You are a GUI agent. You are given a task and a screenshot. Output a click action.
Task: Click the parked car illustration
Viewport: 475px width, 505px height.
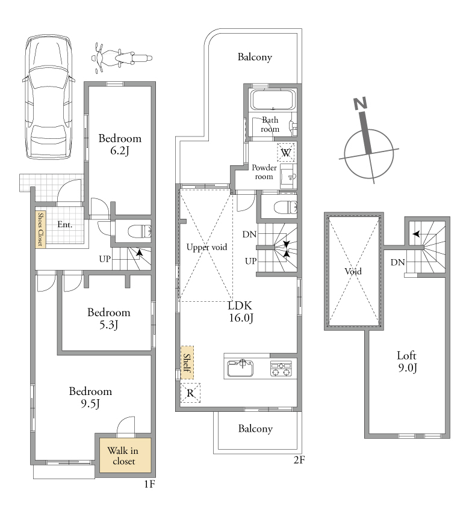click(x=48, y=97)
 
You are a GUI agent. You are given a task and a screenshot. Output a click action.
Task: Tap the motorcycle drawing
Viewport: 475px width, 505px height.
click(x=122, y=58)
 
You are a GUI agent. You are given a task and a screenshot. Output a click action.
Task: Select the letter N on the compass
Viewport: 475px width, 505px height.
click(x=361, y=103)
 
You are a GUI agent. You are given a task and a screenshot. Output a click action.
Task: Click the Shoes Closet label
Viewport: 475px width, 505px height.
click(x=40, y=229)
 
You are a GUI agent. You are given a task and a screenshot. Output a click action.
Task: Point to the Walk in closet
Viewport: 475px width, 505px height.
click(x=125, y=456)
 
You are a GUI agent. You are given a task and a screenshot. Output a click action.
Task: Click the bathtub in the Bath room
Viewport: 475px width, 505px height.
click(x=273, y=100)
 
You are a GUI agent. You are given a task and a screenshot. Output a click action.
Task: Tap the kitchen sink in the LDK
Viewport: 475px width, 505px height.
click(x=240, y=368)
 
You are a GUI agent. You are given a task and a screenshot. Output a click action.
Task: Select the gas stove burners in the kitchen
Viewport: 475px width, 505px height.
click(x=281, y=369)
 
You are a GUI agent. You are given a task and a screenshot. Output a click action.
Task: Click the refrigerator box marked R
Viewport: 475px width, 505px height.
click(x=190, y=393)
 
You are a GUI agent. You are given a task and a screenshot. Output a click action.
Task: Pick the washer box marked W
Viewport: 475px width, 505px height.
click(x=286, y=152)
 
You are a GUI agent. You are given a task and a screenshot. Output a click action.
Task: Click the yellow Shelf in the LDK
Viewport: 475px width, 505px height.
click(x=187, y=363)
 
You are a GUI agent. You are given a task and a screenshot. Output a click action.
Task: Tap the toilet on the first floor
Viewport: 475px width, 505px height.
click(x=140, y=231)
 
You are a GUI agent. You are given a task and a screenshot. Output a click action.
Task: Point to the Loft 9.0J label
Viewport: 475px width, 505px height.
click(x=407, y=362)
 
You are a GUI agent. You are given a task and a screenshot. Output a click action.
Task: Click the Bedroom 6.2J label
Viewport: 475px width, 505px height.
click(x=120, y=144)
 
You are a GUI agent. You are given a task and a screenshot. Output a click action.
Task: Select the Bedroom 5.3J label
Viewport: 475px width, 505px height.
click(x=109, y=319)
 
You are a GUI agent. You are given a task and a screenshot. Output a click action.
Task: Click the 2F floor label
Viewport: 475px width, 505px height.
click(x=299, y=460)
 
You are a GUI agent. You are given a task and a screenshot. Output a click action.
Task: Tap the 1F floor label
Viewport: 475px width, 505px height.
click(x=150, y=484)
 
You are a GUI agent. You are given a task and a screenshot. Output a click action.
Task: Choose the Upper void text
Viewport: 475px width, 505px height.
click(x=206, y=247)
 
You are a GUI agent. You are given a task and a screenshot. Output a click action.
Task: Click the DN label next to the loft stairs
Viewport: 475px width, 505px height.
click(x=397, y=262)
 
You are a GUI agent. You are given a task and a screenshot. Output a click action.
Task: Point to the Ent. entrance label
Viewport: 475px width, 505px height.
click(x=65, y=224)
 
